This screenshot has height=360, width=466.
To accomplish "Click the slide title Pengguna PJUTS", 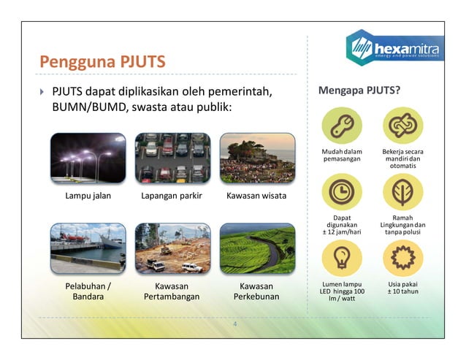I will pyautogui.click(x=102, y=60).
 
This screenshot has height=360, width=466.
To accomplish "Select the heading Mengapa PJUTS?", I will pyautogui.click(x=359, y=91).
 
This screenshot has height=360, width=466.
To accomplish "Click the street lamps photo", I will pyautogui.click(x=88, y=157).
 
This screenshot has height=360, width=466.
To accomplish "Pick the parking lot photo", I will pyautogui.click(x=172, y=157).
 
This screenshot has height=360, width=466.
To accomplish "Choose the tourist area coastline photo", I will pyautogui.click(x=257, y=157).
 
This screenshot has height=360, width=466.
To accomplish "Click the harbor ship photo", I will pyautogui.click(x=88, y=248).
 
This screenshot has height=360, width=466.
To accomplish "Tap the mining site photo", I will pyautogui.click(x=172, y=248).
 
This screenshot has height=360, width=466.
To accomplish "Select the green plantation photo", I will pyautogui.click(x=257, y=248).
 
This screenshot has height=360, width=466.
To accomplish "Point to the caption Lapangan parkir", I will pyautogui.click(x=172, y=196).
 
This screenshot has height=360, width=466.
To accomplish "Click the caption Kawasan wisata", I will pyautogui.click(x=256, y=196).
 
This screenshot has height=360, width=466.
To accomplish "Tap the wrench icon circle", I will pyautogui.click(x=342, y=126).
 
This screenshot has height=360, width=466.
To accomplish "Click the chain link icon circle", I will pyautogui.click(x=402, y=126).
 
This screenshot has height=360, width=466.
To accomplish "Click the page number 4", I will pyautogui.click(x=235, y=323).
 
